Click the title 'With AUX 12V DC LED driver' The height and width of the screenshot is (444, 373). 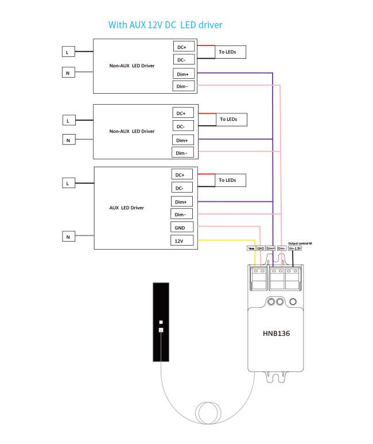[x=165, y=25]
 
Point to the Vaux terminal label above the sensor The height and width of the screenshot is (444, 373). [x=251, y=248]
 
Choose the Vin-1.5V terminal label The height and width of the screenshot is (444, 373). [x=295, y=248]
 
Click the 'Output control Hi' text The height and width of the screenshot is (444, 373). [x=300, y=243]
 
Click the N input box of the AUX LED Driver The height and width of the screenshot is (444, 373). [x=68, y=236]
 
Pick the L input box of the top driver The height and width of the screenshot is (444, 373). [x=68, y=52]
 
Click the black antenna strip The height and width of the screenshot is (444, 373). [x=161, y=322]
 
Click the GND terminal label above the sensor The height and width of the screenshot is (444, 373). [x=261, y=248]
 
